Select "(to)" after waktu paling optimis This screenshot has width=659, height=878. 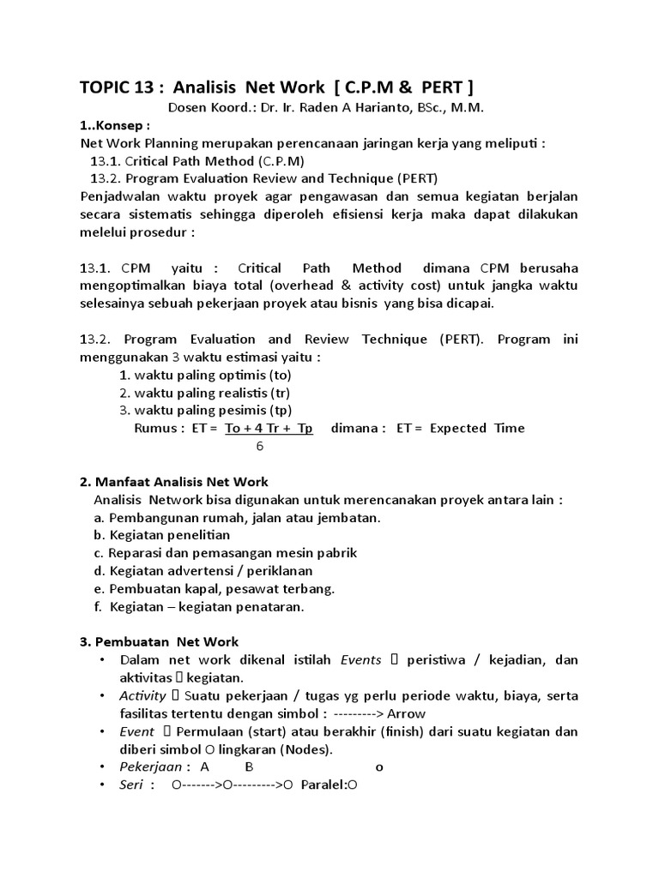coord(281,375)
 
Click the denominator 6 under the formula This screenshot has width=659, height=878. coord(260,446)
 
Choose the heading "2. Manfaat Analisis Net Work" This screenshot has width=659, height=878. coord(173,482)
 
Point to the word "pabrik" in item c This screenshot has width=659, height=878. coord(337,553)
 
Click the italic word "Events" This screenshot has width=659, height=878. coord(361,659)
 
